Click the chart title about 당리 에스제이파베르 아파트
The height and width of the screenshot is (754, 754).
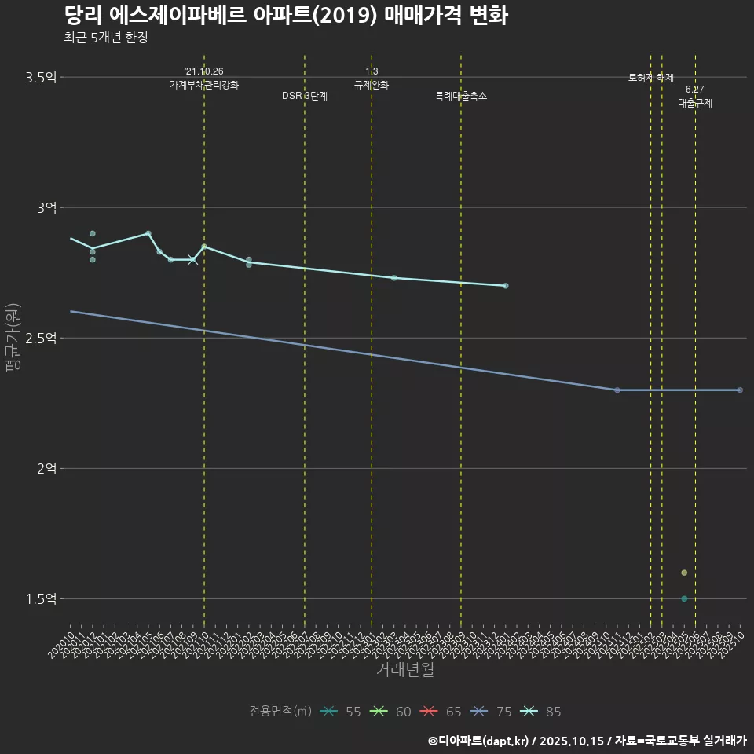(x=286, y=16)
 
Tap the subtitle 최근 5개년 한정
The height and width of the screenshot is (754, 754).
(x=105, y=38)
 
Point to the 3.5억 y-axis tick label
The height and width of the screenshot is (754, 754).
(x=41, y=77)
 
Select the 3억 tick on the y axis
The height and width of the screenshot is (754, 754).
(x=46, y=207)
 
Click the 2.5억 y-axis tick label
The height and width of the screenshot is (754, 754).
(x=41, y=338)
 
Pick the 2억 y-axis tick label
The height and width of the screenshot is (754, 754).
(x=46, y=468)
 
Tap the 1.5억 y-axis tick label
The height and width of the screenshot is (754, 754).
(x=41, y=598)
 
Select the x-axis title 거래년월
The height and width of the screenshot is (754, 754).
(x=404, y=670)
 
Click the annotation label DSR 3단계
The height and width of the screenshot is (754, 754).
(x=305, y=96)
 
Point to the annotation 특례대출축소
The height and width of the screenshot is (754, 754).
(x=461, y=96)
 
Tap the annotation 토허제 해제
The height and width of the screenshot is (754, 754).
(x=651, y=78)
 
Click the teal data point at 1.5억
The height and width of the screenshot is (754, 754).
(x=684, y=598)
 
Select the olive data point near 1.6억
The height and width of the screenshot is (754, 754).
(x=684, y=573)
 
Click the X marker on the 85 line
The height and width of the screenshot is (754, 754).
(x=193, y=260)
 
